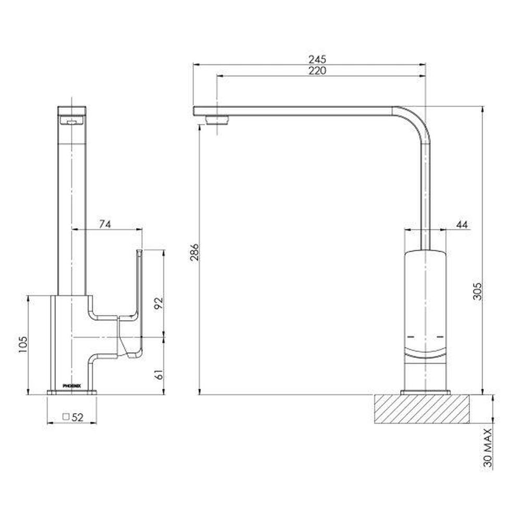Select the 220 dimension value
pyautogui.click(x=317, y=70)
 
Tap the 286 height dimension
pyautogui.click(x=194, y=253)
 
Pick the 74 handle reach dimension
pyautogui.click(x=105, y=224)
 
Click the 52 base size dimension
pyautogui.click(x=78, y=417)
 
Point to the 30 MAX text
pyautogui.click(x=488, y=448)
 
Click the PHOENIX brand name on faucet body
pyautogui.click(x=71, y=386)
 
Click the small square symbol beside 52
pyautogui.click(x=66, y=417)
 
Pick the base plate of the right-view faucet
pyautogui.click(x=425, y=392)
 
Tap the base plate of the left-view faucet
pyautogui.click(x=72, y=392)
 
